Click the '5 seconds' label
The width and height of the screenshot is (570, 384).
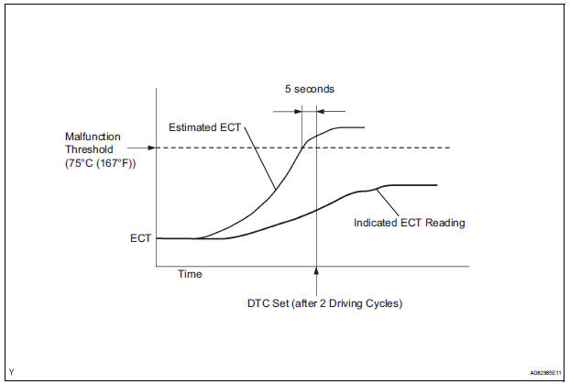point(310,90)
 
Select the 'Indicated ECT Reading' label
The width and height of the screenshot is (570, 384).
point(410,222)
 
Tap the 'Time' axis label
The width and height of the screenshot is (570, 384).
point(190,274)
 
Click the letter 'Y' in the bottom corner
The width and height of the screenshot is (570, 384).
point(10,372)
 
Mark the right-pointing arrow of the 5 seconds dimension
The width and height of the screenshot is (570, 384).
point(297,110)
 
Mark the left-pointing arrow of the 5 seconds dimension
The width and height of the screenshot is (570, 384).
point(321,110)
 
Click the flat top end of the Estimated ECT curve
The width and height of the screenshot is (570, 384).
point(353,127)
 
